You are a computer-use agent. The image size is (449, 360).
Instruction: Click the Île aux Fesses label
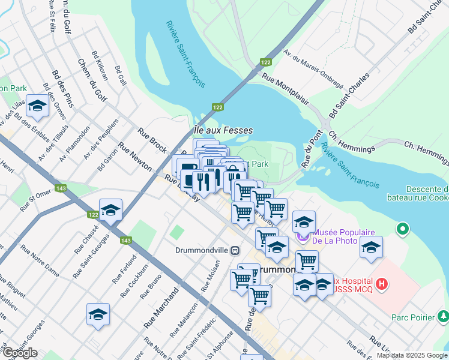click(223, 130)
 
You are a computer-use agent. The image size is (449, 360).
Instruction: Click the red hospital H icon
click(381, 283)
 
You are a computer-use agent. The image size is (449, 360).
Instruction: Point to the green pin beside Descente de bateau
click(402, 229)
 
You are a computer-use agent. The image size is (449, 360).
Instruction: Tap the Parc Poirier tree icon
click(443, 315)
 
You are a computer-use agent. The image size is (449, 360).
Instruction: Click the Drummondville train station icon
click(235, 250)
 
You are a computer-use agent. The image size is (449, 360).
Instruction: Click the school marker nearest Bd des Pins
click(37, 107)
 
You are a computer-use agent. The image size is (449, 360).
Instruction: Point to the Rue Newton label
click(135, 157)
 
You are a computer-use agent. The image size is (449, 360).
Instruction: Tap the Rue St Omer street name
click(35, 200)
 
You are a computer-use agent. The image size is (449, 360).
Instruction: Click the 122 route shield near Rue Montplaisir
click(265, 62)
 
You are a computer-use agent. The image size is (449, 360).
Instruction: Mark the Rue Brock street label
click(152, 140)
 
